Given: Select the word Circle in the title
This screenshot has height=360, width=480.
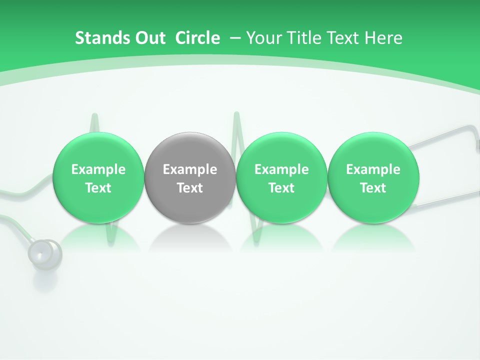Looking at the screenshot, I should [x=197, y=38].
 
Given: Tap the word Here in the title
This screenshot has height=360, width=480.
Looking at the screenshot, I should [x=383, y=38].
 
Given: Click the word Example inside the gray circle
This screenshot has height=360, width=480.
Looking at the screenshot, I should [x=190, y=169].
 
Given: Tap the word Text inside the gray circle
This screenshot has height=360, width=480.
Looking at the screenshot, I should [x=190, y=188].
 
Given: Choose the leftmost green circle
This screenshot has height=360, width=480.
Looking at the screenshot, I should [x=98, y=177].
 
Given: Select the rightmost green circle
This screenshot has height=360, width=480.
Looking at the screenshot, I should [x=373, y=177].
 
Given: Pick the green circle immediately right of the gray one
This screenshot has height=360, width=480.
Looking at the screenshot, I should [x=281, y=177].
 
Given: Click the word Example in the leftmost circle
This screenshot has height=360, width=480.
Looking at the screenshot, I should [x=98, y=169].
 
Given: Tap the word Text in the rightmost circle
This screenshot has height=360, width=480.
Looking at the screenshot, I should [x=373, y=188].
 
